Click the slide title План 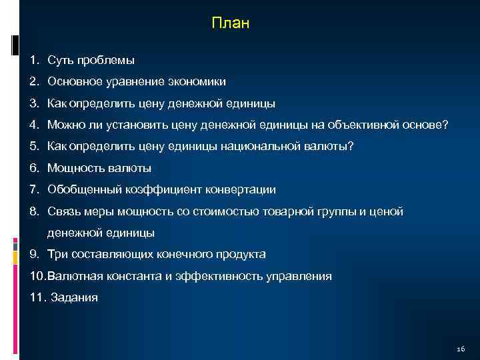[x=230, y=24]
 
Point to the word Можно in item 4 [x=65, y=125]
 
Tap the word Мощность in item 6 [x=75, y=168]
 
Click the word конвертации [x=241, y=189]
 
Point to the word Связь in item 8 [x=63, y=211]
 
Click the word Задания [x=74, y=297]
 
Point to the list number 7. [x=34, y=189]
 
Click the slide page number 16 [x=461, y=350]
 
